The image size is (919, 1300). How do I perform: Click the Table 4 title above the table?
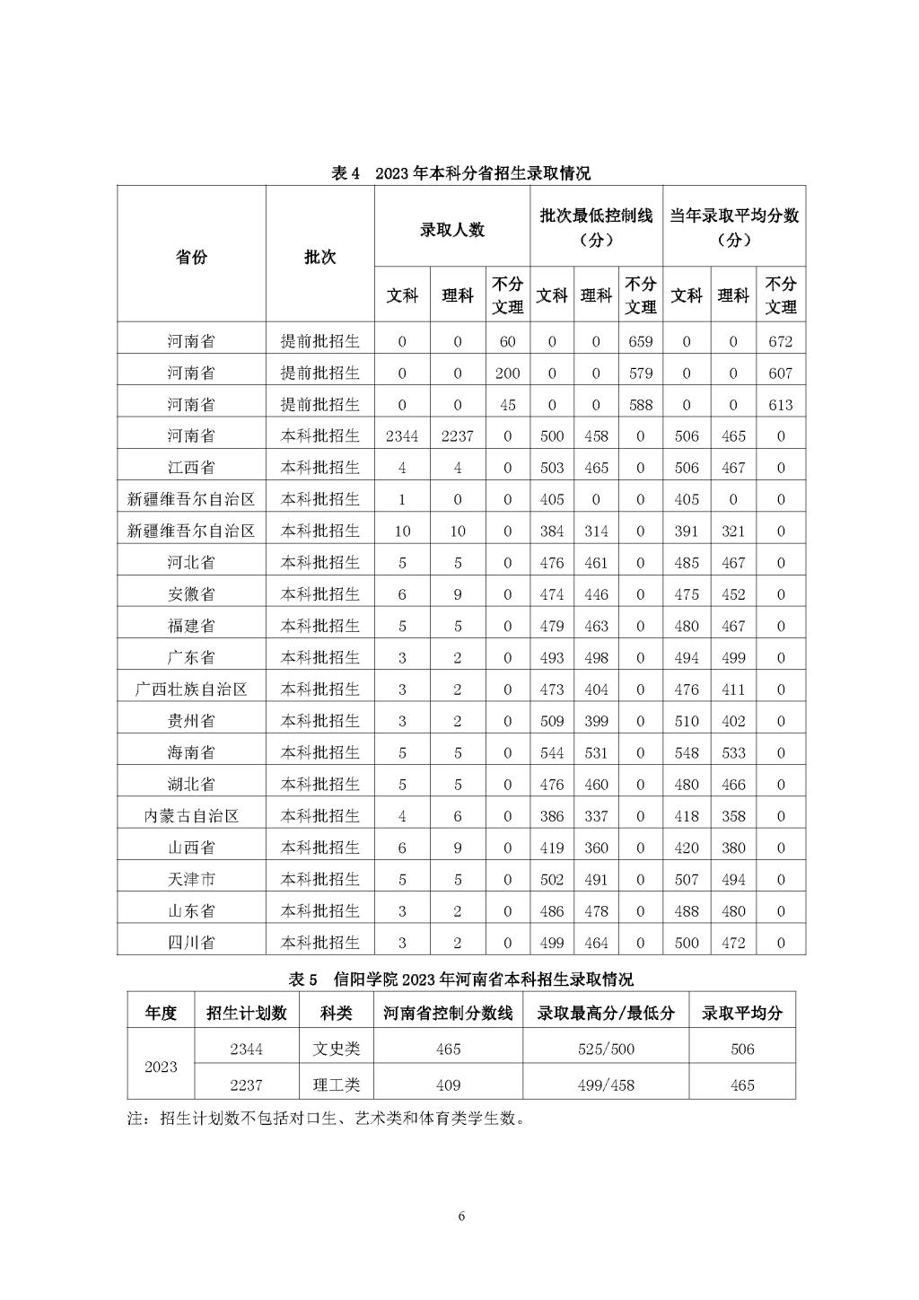pos(460,173)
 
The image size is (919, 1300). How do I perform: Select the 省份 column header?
pos(190,257)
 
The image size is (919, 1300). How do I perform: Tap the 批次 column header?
pos(319,257)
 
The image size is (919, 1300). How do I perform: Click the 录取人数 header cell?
pos(451,230)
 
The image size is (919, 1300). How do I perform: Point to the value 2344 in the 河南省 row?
pos(402,436)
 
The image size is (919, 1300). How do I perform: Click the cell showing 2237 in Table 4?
pos(457,436)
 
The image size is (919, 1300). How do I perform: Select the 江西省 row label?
pos(190,468)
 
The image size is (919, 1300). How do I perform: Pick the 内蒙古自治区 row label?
pos(190,816)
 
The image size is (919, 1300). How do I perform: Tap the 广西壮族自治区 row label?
pos(190,690)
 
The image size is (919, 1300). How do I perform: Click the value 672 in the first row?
pos(780,342)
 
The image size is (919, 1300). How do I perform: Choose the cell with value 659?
pos(640,342)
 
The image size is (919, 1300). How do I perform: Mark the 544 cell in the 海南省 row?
pos(551,753)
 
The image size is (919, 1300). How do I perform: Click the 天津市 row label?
pos(190,880)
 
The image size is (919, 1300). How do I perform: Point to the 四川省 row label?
pos(190,943)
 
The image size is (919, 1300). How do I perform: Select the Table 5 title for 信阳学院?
pos(460,979)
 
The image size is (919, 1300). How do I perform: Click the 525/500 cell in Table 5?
pos(606,1049)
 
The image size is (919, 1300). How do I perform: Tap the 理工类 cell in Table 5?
pos(336,1085)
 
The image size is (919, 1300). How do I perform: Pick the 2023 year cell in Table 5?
pos(161,1067)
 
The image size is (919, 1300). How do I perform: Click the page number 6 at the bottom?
pos(461,1217)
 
